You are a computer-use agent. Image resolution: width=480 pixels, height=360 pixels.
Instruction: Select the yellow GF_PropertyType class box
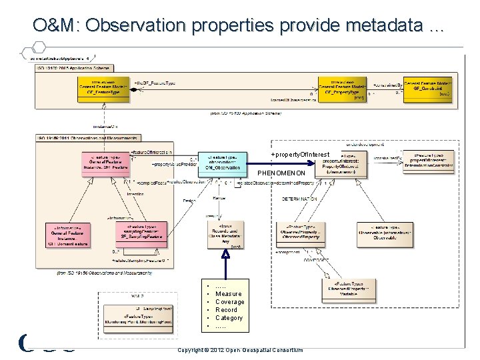tap(343, 87)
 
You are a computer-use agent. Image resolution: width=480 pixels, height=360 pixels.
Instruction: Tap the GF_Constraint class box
tap(427, 87)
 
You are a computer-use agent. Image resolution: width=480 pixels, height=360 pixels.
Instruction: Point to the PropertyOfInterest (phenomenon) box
tap(343, 163)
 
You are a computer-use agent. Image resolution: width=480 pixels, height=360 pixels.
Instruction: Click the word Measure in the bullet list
tap(229, 294)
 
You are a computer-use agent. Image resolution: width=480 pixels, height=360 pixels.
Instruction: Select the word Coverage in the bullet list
tap(230, 302)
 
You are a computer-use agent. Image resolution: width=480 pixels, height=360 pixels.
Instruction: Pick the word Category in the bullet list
tap(229, 318)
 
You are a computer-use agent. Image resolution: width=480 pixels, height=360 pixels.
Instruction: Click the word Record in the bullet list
tap(226, 310)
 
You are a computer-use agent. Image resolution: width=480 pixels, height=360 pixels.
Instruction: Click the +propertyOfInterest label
tap(300, 155)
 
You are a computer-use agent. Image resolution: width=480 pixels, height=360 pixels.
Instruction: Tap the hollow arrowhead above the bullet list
tap(225, 254)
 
